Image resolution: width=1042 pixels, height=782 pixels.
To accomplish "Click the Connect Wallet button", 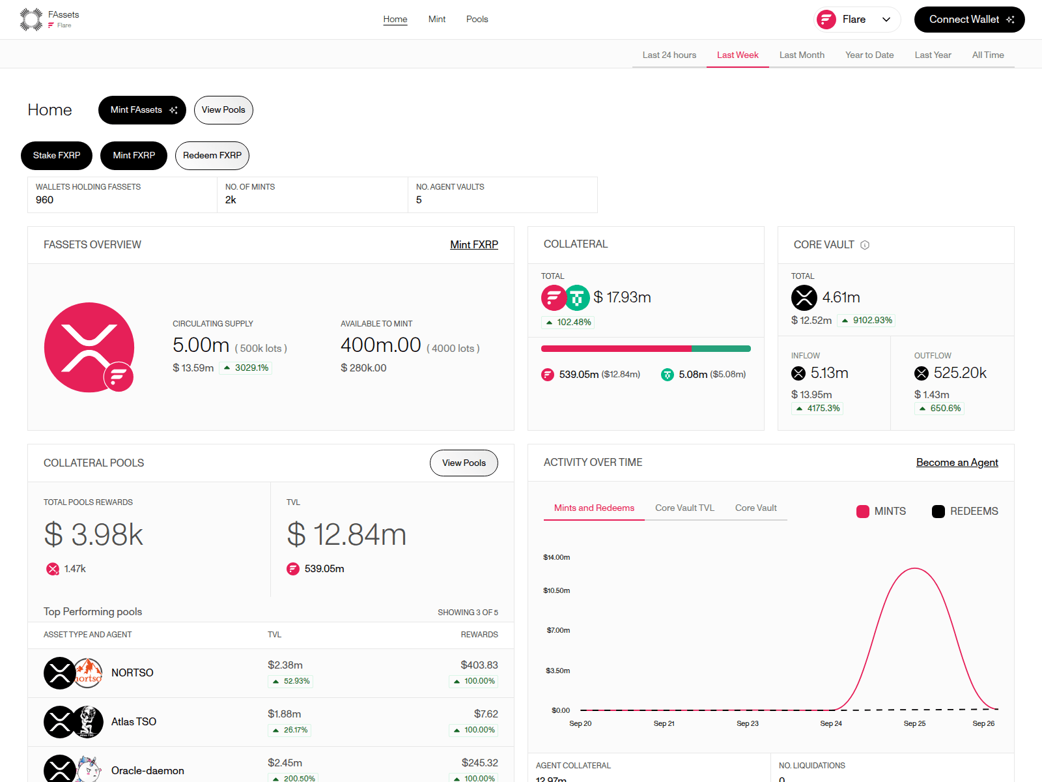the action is click(969, 20).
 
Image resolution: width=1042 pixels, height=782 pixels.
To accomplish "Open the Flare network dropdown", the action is click(856, 20).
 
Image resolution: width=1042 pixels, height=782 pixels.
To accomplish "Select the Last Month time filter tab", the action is click(802, 55).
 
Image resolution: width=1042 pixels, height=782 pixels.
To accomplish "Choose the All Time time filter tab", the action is click(988, 55).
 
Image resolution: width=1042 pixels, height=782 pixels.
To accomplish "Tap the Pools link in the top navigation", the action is click(477, 19).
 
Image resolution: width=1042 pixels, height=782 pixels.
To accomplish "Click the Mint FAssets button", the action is click(142, 110).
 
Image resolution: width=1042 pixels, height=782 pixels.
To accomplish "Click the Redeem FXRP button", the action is click(212, 155).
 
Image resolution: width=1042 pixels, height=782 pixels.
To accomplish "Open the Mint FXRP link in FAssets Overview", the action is click(473, 244).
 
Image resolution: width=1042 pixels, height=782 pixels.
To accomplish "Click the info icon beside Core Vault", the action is click(865, 245).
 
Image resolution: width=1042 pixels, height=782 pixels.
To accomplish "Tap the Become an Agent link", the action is click(957, 463).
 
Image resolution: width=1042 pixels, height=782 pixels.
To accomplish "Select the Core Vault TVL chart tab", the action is click(684, 508).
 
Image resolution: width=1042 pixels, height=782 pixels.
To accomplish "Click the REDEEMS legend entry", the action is click(965, 512).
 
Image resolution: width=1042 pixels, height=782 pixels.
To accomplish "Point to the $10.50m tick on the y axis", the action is click(556, 590).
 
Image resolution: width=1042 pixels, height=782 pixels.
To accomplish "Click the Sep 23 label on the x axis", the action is click(748, 723).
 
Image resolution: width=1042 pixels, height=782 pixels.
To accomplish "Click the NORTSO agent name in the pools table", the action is click(132, 673).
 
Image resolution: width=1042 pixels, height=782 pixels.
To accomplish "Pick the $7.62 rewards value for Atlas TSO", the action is click(486, 714).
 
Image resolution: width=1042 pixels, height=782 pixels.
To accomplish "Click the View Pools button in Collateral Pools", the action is click(464, 463).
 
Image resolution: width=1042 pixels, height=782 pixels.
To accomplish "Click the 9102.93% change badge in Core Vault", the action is click(866, 321).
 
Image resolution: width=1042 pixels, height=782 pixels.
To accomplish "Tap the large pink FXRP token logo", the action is click(89, 347).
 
